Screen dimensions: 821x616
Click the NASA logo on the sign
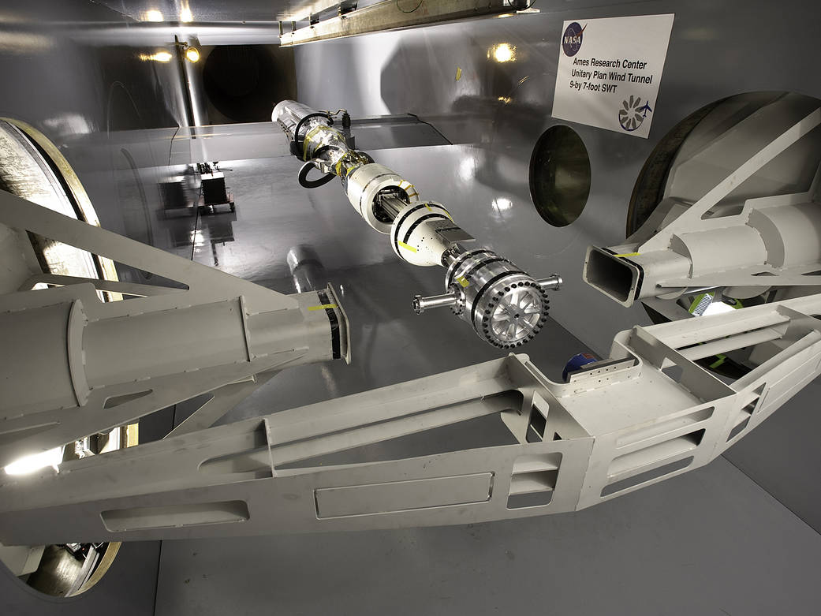coord(574,39)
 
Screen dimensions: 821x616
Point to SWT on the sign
coord(608,88)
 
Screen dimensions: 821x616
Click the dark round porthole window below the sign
coord(560,175)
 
